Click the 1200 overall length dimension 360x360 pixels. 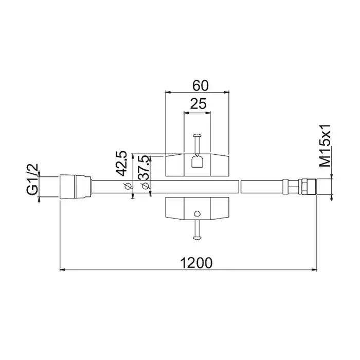point(196,263)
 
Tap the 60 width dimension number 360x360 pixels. point(201,85)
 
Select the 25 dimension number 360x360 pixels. point(199,104)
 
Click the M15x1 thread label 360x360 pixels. point(326,146)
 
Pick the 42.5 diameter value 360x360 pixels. point(121,163)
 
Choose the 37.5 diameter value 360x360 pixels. point(143,167)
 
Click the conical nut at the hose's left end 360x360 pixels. point(76,187)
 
